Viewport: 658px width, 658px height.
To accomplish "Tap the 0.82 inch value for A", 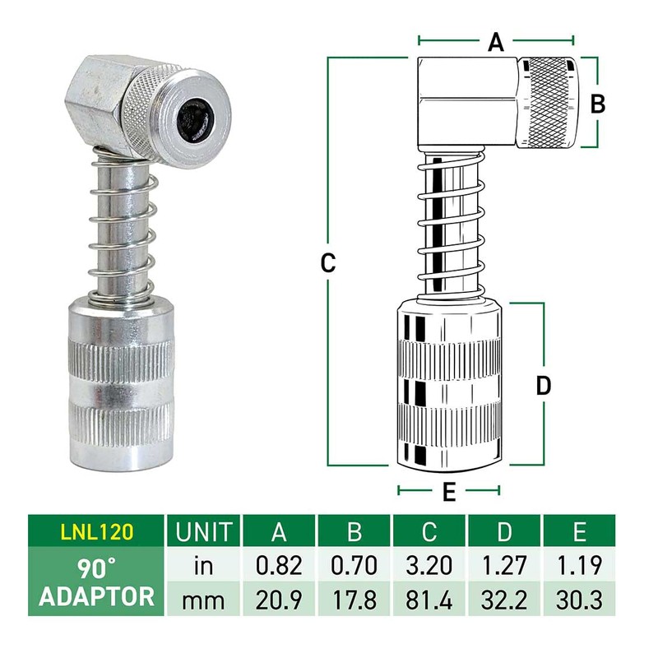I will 280,565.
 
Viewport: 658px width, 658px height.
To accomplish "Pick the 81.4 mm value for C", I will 429,598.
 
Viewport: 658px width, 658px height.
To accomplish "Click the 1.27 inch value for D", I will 504,565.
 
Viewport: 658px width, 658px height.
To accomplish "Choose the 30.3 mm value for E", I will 580,598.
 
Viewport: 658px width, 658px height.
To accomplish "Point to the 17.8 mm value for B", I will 354,598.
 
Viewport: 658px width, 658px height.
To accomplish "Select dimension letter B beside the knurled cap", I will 599,103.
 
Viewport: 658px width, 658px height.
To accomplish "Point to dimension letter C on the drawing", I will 327,263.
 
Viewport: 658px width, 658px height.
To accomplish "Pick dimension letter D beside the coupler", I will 543,385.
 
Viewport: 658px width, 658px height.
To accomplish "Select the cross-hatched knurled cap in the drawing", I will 549,103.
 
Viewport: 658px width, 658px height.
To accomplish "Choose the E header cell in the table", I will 580,532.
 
